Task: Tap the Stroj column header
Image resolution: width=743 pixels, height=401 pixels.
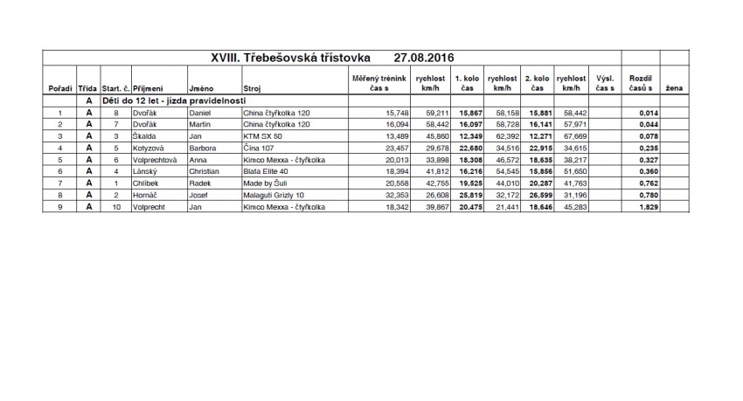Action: pos(253,88)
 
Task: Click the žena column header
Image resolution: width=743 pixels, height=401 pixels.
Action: pos(674,88)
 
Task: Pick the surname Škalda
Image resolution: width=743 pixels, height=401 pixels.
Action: pos(145,136)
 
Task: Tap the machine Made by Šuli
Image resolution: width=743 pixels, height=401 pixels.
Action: pos(266,183)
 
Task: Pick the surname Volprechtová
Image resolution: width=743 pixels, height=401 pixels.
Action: pos(155,160)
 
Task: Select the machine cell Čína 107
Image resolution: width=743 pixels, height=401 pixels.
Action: pos(260,148)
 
